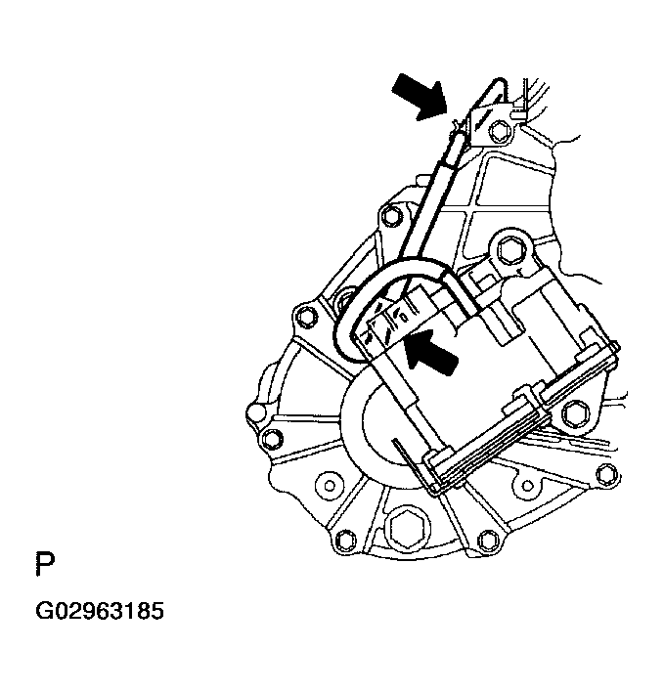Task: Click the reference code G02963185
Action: click(100, 613)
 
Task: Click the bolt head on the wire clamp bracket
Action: click(499, 131)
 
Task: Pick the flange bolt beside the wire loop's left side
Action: click(306, 315)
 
